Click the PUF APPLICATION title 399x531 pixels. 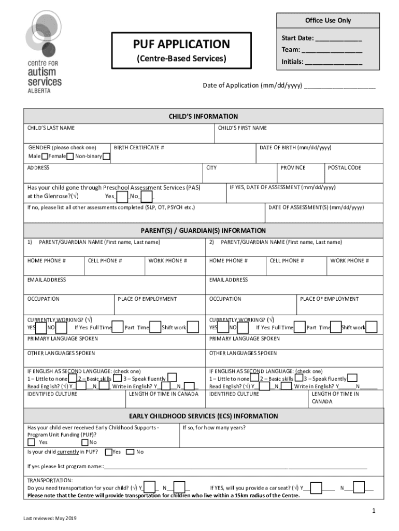pos(181,45)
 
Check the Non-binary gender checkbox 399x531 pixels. pos(106,157)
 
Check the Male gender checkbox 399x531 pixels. pos(45,157)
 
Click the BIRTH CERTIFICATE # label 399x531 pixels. pos(139,148)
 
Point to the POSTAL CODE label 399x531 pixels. pos(345,167)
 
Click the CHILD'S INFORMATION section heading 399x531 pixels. pos(203,116)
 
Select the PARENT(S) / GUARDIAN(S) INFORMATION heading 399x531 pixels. pos(203,230)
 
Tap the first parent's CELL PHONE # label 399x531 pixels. pos(105,261)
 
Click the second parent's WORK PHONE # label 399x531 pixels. pos(350,261)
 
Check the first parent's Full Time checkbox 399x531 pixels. pos(118,327)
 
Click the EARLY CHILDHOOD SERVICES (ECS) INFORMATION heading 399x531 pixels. pos(203,416)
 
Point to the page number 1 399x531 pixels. pos(373,512)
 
